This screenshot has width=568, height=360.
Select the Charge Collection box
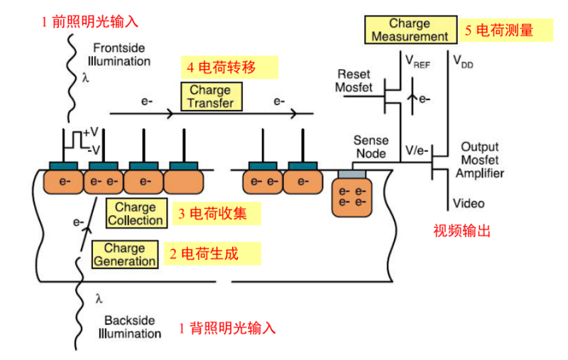136,214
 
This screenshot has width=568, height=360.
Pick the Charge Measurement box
410,30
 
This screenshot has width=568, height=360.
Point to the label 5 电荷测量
498,31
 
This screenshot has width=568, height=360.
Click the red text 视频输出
462,231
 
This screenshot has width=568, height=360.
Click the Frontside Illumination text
121,55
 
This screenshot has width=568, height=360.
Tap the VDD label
463,62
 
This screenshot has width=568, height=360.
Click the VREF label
419,62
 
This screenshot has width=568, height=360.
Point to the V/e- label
415,151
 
